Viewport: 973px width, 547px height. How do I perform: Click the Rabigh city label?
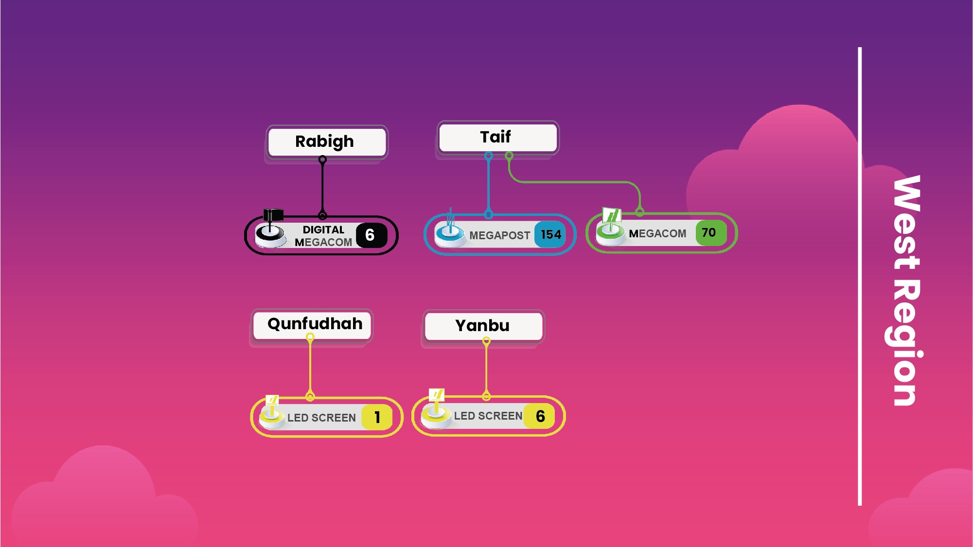[x=325, y=141]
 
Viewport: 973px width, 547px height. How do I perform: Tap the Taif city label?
[x=495, y=137]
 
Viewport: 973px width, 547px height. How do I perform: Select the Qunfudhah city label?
[x=315, y=324]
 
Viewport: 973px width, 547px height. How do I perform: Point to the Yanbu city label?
[x=482, y=326]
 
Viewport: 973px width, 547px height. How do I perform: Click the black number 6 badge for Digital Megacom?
[x=371, y=235]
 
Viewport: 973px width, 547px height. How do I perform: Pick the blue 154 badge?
[x=550, y=235]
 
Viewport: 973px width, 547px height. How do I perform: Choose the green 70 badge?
[x=709, y=233]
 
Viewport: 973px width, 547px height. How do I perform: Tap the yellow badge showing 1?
[x=377, y=417]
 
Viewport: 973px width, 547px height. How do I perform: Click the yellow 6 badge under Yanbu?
[x=540, y=416]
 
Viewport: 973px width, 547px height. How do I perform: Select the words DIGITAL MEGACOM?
[x=323, y=236]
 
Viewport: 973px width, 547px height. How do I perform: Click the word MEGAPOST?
[x=499, y=236]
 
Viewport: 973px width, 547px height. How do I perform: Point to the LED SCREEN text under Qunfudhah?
[x=321, y=418]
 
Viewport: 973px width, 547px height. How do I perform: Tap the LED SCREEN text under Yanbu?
[x=488, y=416]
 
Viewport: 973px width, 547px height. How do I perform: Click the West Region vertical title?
[x=905, y=290]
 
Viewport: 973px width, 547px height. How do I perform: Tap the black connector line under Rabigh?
[x=322, y=187]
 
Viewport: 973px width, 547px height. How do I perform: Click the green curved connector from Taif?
[x=574, y=182]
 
